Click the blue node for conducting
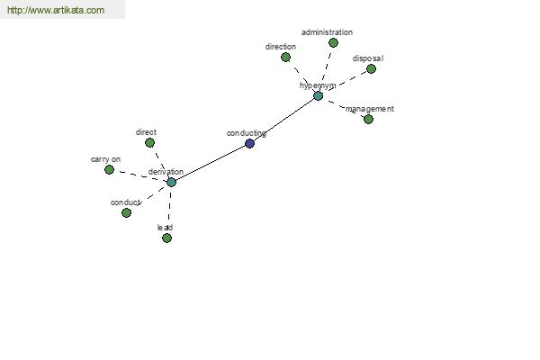249,143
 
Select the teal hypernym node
319,95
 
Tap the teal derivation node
172,182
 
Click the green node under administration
333,42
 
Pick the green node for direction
285,58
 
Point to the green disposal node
371,69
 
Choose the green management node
368,119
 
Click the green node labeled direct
149,142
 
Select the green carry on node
109,169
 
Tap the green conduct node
126,213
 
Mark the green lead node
166,238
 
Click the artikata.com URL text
56,10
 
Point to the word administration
327,32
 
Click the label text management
370,109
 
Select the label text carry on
105,159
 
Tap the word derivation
166,172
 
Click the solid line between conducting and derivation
211,163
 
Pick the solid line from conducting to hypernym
284,120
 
